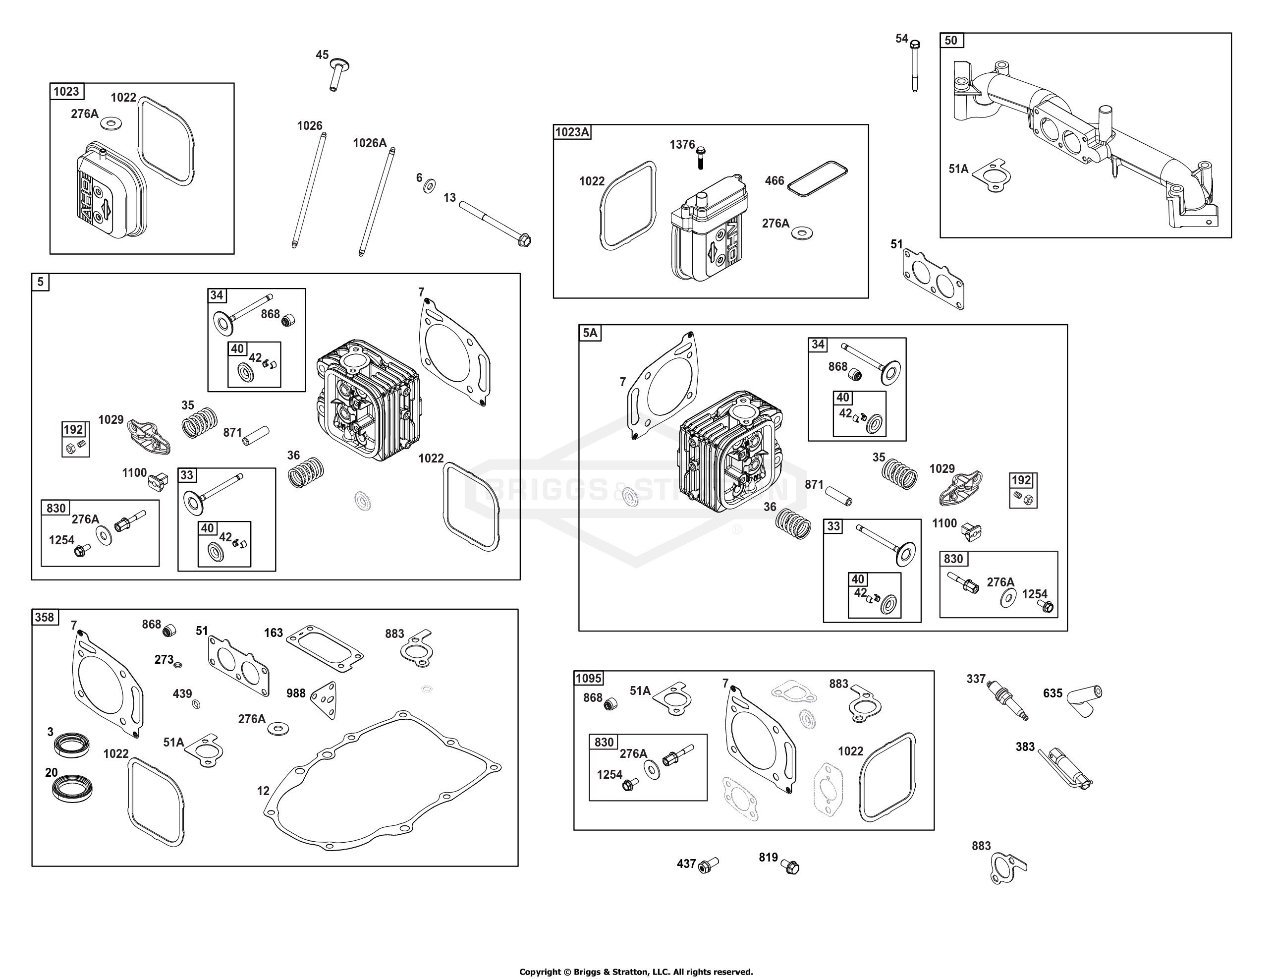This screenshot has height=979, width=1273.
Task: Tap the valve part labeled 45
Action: pyautogui.click(x=338, y=73)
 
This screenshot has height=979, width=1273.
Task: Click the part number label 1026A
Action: pyautogui.click(x=370, y=143)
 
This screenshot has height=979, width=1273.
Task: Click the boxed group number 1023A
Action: pyautogui.click(x=572, y=132)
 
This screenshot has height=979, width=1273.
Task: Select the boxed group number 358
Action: pyautogui.click(x=44, y=617)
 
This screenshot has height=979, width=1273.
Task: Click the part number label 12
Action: pyautogui.click(x=263, y=791)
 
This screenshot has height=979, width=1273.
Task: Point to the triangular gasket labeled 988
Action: pyautogui.click(x=325, y=700)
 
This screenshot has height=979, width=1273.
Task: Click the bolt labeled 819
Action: pyautogui.click(x=790, y=866)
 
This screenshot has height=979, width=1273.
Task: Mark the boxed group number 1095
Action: pyautogui.click(x=589, y=678)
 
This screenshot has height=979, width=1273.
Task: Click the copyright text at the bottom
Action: pyautogui.click(x=636, y=972)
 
